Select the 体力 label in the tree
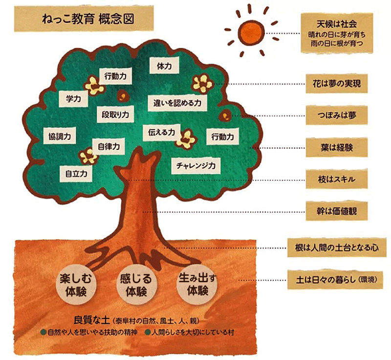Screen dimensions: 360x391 (164, 65)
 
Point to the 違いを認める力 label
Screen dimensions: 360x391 (177, 103)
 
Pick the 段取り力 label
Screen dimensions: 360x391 (115, 114)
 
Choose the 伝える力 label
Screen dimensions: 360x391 (161, 132)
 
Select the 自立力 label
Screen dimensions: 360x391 (77, 173)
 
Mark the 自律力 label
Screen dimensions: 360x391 (109, 146)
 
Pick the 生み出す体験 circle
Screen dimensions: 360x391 (195, 284)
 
